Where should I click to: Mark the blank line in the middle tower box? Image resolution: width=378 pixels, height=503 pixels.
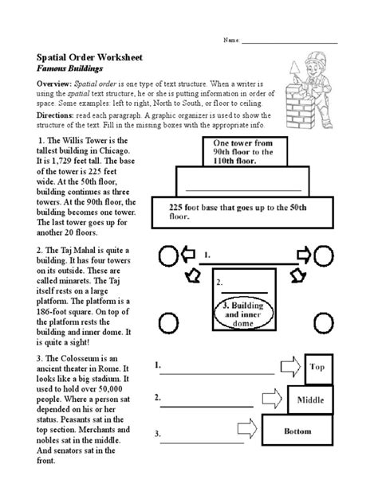tap(242, 191)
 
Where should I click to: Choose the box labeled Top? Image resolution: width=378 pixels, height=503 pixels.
tap(317, 367)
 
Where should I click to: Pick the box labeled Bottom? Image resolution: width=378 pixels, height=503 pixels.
tap(297, 431)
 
